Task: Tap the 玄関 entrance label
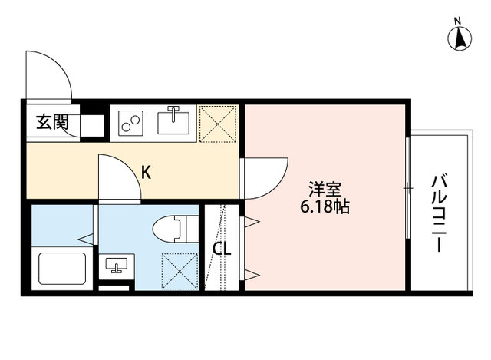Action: pos(52,122)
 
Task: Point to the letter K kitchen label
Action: pos(146,172)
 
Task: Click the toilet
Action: pos(170,229)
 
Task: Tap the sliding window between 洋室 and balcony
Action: pos(407,189)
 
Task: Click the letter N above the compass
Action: pos(457,20)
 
